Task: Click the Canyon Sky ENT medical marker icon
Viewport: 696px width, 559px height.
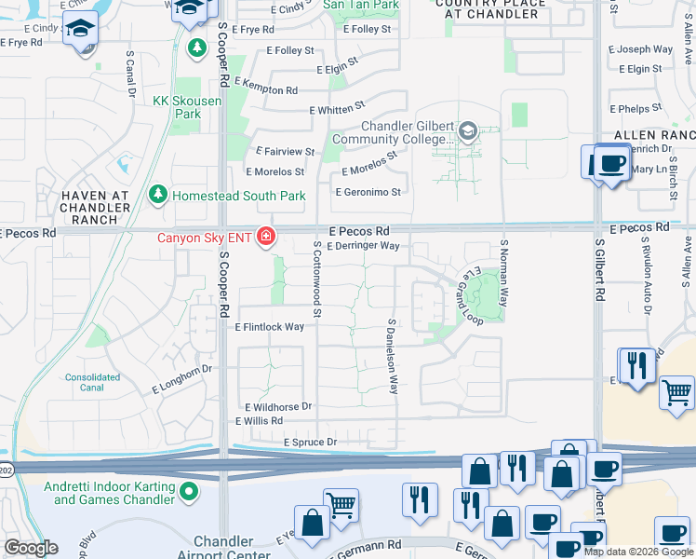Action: pos(266,239)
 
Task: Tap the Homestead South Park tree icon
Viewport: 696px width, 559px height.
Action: pos(158,195)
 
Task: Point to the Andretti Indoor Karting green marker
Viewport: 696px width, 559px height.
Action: pos(189,491)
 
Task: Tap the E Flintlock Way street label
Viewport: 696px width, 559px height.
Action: pos(270,327)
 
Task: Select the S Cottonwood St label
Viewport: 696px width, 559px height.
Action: pos(317,279)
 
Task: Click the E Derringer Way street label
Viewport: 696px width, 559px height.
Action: pos(365,246)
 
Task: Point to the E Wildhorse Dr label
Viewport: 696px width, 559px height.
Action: pos(278,407)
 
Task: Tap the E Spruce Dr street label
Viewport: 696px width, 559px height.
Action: pos(309,442)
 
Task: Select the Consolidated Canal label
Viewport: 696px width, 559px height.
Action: pos(92,383)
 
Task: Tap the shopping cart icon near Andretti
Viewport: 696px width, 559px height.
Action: pos(341,505)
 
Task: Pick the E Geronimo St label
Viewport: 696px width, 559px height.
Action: pos(368,193)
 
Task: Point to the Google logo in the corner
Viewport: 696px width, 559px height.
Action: pos(31,548)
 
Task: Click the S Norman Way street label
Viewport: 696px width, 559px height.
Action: pos(503,271)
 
